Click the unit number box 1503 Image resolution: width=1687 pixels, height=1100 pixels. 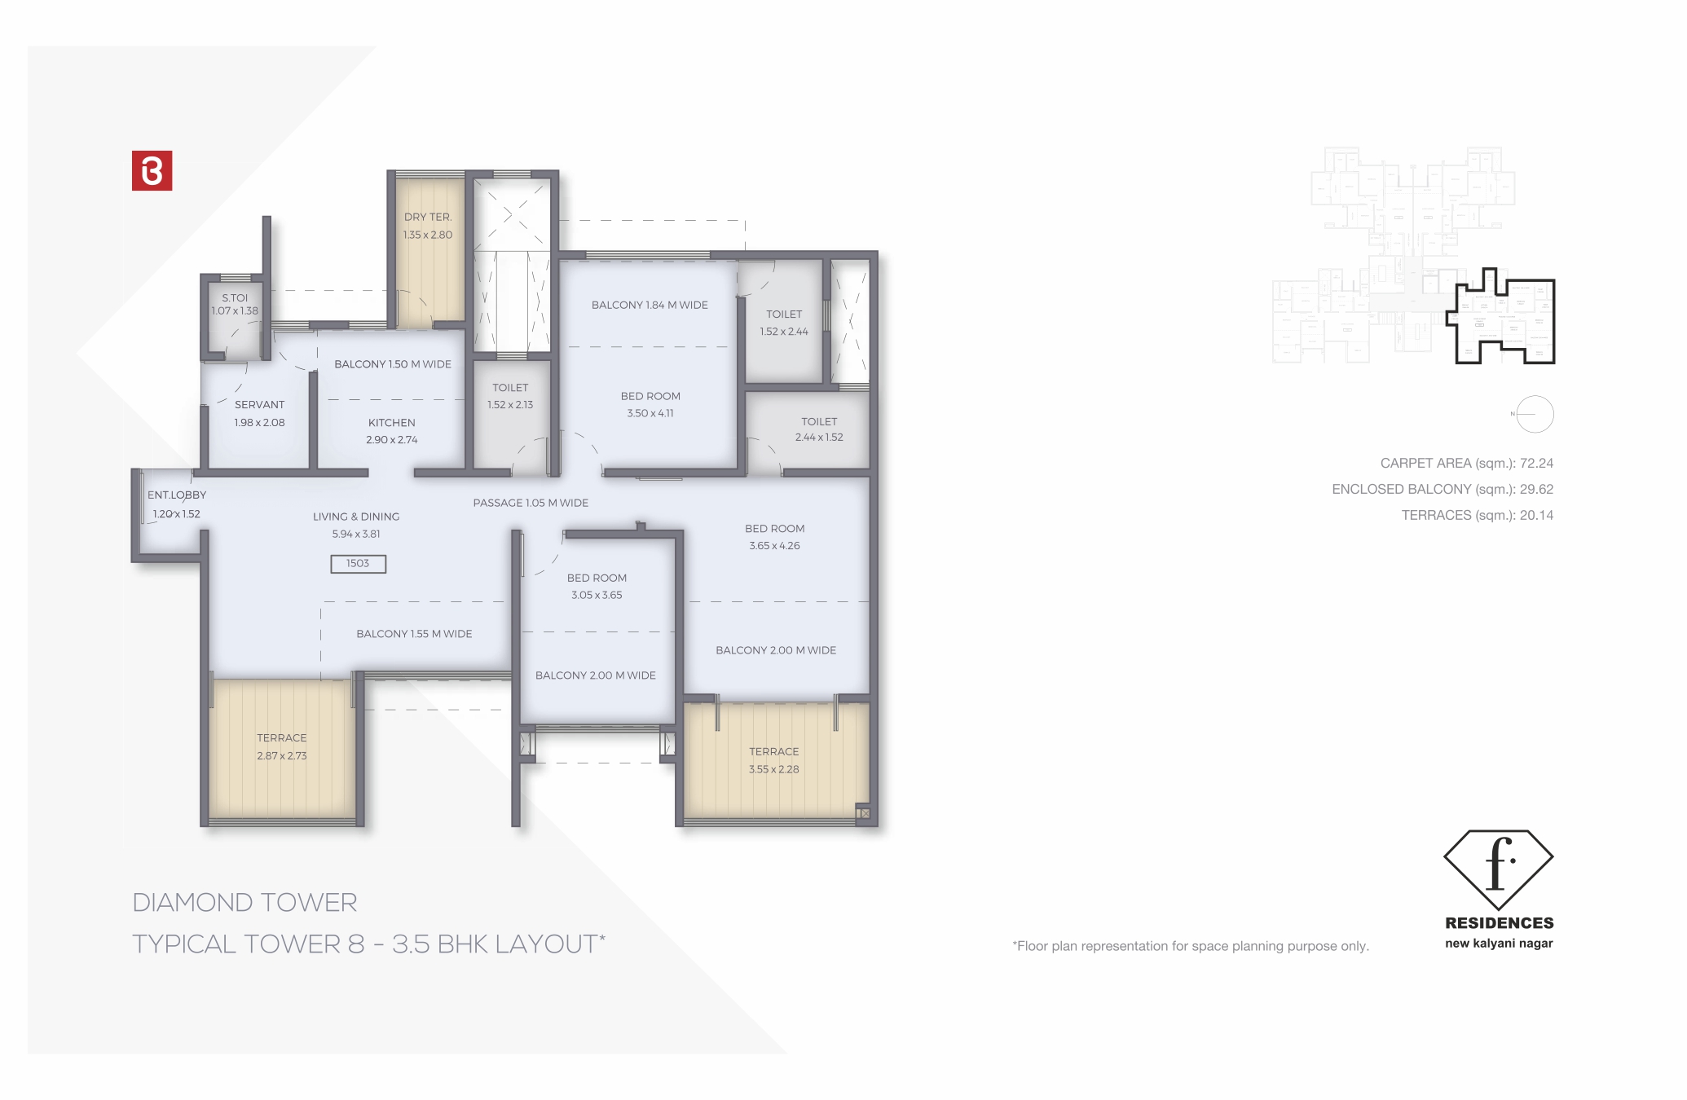pos(358,564)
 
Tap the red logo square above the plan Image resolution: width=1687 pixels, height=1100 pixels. pos(152,171)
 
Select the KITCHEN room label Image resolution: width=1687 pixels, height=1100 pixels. pos(391,423)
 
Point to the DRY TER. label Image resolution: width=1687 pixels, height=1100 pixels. pos(428,218)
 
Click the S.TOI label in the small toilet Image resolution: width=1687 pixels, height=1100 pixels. pos(235,298)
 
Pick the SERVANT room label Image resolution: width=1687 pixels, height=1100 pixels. pos(260,405)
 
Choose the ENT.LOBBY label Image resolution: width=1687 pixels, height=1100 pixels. pos(177,495)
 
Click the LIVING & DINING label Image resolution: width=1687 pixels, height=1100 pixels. pos(356,517)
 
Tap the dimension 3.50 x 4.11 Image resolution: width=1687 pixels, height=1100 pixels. pos(650,413)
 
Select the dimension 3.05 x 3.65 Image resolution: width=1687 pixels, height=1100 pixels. pos(597,596)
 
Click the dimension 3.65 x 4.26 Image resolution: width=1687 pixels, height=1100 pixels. pos(774,546)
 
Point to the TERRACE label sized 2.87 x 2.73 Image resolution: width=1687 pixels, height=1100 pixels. pos(282,738)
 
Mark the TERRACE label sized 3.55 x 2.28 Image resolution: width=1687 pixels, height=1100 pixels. pos(774,752)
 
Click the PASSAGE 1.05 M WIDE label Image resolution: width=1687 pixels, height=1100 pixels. pos(531,503)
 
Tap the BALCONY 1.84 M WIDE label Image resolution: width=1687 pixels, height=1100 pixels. pos(650,306)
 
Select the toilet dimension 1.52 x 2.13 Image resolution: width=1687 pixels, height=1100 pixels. pos(510,405)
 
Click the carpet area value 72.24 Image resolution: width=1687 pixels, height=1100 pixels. pos(1536,464)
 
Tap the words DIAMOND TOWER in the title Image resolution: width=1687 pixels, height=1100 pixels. pos(244,903)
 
